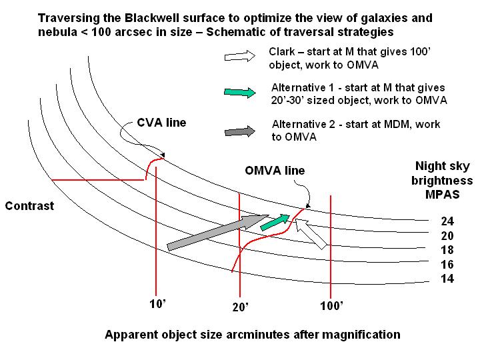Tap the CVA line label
coord(162,123)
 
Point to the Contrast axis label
coord(29,206)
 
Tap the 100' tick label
coord(331,307)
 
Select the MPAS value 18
coord(447,250)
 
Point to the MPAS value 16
coord(447,265)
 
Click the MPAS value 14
coord(447,279)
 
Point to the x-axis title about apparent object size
coord(252,335)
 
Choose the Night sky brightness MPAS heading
coord(443,181)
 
